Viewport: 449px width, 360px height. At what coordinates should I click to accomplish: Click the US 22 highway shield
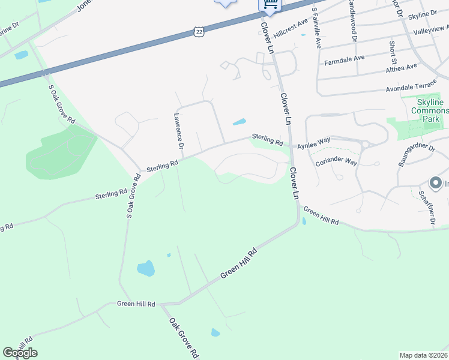[198, 31]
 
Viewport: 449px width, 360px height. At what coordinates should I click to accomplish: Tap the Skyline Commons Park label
[430, 110]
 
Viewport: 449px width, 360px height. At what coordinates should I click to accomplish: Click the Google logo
[20, 352]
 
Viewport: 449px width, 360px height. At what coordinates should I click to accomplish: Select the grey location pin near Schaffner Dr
[436, 183]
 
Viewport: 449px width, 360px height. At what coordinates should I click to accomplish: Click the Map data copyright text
[424, 355]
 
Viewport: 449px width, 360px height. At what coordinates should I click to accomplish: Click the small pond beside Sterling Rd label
[239, 122]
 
